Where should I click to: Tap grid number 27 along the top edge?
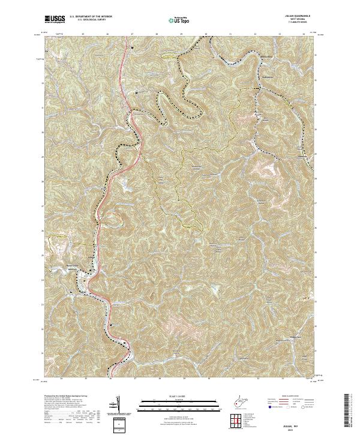(132, 35)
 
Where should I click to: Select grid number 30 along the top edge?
(206, 35)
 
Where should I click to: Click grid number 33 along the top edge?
(280, 35)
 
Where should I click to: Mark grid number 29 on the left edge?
(43, 157)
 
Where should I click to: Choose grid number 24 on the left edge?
(43, 280)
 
